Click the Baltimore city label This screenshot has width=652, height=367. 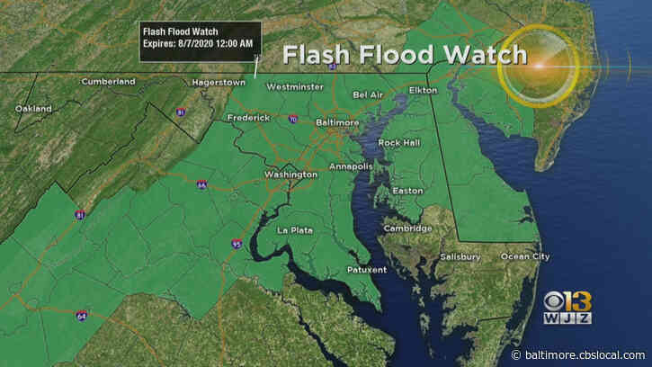[314, 121]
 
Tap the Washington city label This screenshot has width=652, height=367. [290, 174]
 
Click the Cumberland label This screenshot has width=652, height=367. [108, 81]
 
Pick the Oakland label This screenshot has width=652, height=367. [33, 109]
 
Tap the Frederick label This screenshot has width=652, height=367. [249, 118]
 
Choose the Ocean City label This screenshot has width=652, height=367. [524, 257]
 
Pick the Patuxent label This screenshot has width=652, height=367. [367, 270]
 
